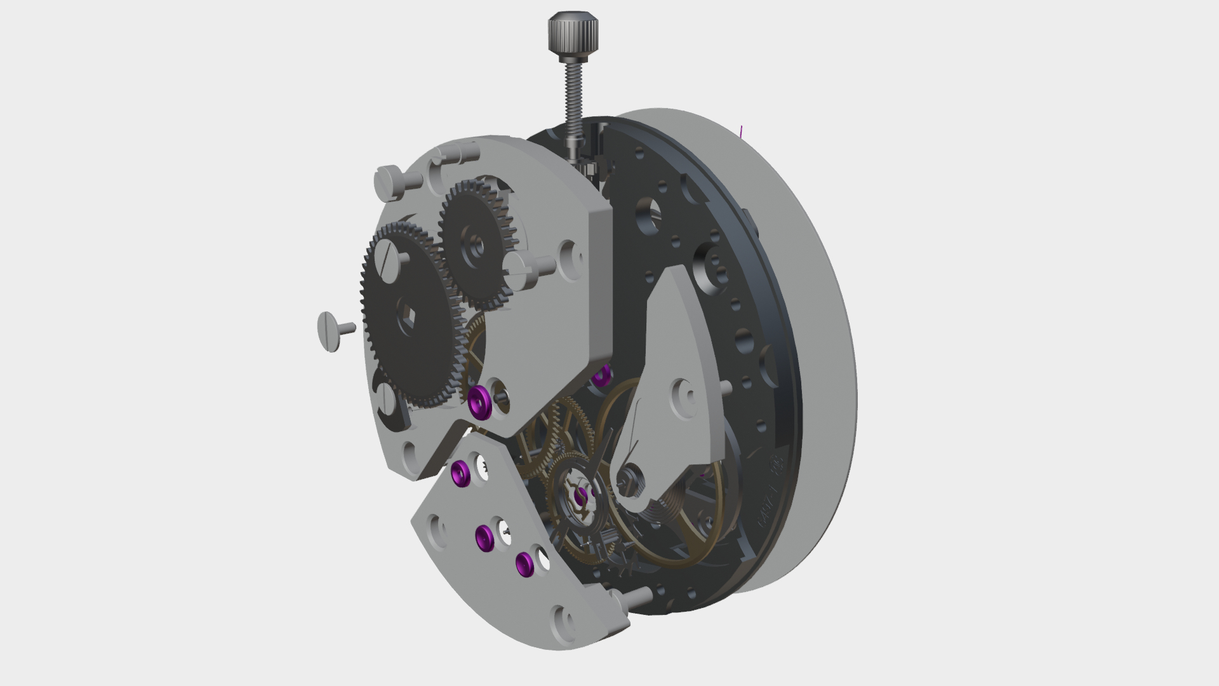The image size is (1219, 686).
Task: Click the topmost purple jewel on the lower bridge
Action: [x=460, y=473]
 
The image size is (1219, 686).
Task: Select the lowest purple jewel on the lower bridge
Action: [x=524, y=563]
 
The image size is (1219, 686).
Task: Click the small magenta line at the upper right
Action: [x=741, y=131]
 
